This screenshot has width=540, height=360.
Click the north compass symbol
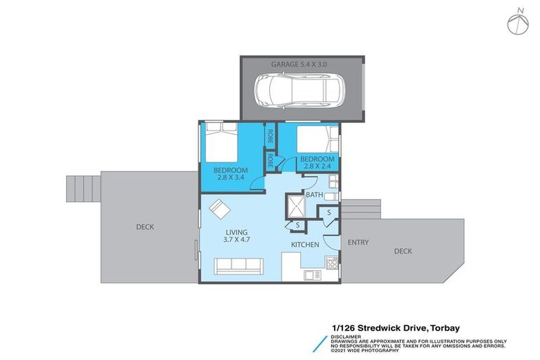(518, 20)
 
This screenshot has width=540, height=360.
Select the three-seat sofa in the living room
(238, 266)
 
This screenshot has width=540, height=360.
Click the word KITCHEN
(305, 245)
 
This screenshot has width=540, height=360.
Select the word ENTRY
(358, 242)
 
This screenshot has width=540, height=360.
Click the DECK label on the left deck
(145, 226)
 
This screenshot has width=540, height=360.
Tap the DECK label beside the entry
(403, 250)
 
